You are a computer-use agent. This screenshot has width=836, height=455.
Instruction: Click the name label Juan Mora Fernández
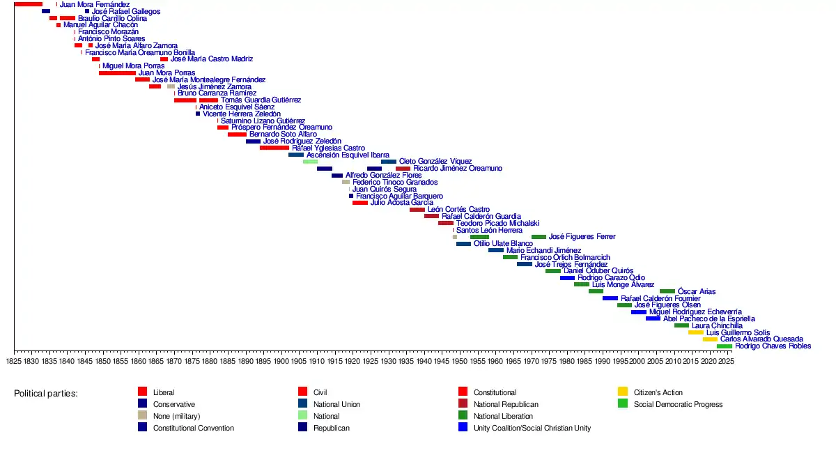[95, 5]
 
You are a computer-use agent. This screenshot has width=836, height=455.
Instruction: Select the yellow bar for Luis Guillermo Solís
[695, 332]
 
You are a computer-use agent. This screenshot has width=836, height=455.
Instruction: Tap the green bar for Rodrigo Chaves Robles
[724, 346]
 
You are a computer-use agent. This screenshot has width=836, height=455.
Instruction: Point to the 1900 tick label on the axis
[281, 361]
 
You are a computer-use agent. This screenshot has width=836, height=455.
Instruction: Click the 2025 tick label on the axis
[725, 361]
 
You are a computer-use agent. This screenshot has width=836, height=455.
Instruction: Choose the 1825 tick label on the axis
[14, 361]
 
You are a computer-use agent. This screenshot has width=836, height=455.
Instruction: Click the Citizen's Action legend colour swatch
[623, 392]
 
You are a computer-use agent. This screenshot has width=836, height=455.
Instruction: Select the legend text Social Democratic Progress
[678, 404]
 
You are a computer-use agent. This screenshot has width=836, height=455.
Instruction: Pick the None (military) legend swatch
[142, 416]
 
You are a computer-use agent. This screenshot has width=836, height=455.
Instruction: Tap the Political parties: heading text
[46, 394]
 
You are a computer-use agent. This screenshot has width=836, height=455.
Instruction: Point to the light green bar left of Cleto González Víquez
[310, 162]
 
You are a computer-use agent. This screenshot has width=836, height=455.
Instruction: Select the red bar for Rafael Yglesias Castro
[274, 148]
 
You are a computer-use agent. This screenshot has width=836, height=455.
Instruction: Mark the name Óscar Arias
[697, 291]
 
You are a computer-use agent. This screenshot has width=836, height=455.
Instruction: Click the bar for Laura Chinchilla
[681, 325]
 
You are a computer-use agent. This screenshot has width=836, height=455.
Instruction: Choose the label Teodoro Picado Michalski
[497, 223]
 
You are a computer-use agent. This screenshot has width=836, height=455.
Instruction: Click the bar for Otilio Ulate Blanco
[463, 244]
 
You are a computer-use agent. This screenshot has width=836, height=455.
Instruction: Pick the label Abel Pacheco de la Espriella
[709, 318]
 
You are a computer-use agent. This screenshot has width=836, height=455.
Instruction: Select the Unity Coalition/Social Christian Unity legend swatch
[463, 428]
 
